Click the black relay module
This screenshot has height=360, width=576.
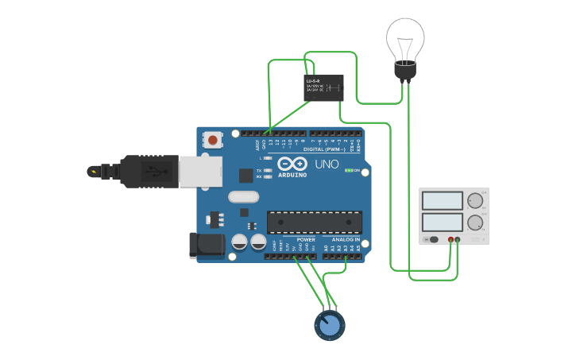pyautogui.click(x=324, y=87)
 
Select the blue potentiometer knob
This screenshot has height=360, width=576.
pyautogui.click(x=329, y=325)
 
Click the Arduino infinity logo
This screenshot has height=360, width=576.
pyautogui.click(x=291, y=164)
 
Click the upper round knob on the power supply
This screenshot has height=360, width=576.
pyautogui.click(x=475, y=200)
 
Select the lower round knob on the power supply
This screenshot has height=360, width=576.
pyautogui.click(x=475, y=223)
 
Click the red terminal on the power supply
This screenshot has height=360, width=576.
pyautogui.click(x=450, y=239)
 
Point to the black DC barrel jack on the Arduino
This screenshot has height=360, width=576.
pyautogui.click(x=204, y=245)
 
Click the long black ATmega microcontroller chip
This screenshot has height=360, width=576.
pyautogui.click(x=315, y=223)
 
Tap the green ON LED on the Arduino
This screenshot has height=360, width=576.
pyautogui.click(x=348, y=171)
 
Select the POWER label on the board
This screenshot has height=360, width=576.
pyautogui.click(x=306, y=239)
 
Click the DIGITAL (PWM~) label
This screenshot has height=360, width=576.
pyautogui.click(x=328, y=149)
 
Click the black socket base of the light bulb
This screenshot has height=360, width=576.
pyautogui.click(x=405, y=72)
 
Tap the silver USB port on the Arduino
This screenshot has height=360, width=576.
pyautogui.click(x=200, y=171)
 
